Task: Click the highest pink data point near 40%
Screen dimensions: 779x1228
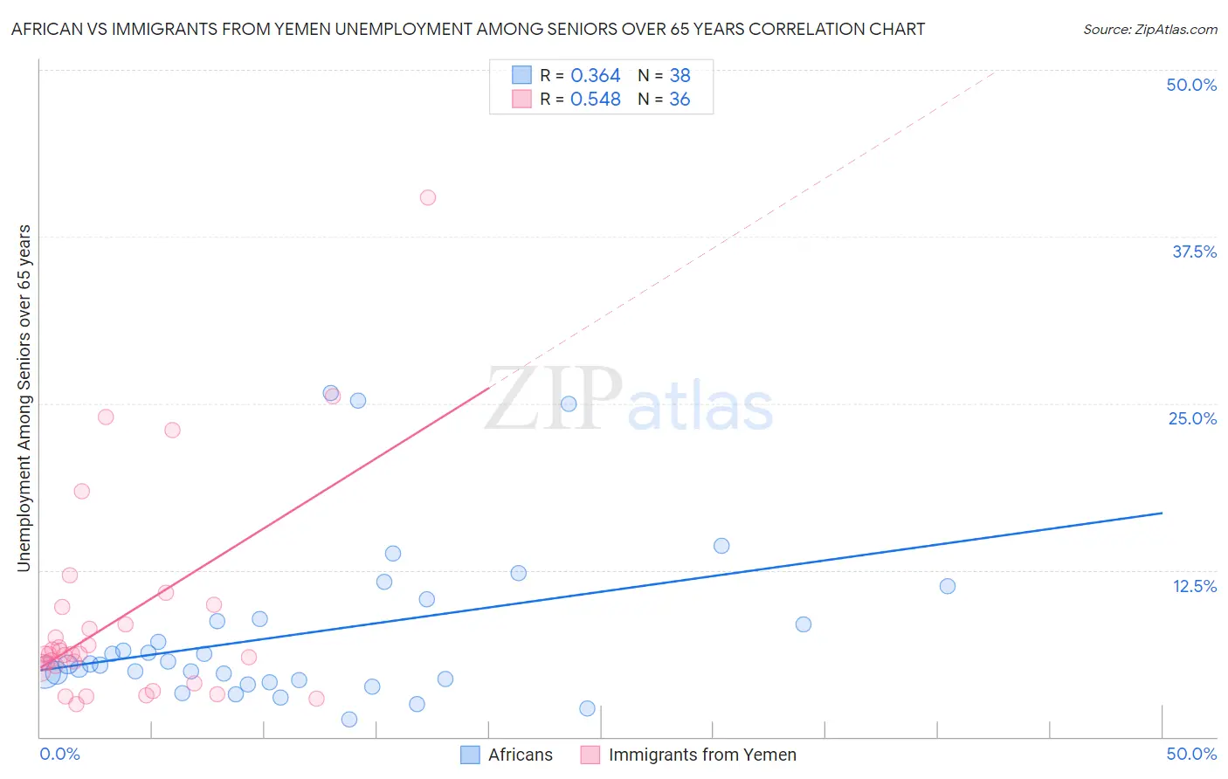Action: click(427, 197)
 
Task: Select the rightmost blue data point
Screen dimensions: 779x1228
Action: click(947, 586)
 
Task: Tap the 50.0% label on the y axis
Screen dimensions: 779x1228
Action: click(1191, 85)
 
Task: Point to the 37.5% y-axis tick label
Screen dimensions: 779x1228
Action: click(1194, 252)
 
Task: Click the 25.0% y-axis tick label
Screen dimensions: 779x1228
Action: click(1192, 418)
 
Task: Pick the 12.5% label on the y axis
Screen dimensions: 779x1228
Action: click(1194, 586)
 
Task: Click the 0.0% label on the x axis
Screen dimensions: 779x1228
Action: click(59, 754)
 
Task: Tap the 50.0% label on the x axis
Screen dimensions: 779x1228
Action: click(1191, 754)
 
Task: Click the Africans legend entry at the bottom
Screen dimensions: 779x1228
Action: click(520, 755)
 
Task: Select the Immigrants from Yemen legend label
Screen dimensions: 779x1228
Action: click(701, 755)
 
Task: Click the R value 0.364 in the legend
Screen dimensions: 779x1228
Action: click(595, 76)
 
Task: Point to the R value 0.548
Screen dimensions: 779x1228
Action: click(595, 100)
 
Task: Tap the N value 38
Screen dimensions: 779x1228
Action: click(680, 76)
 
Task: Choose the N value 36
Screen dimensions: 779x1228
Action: click(680, 100)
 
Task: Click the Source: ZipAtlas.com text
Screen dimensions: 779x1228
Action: click(1149, 30)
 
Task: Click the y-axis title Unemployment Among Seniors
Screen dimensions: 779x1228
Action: click(24, 398)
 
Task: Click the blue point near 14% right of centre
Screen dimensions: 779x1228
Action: click(721, 546)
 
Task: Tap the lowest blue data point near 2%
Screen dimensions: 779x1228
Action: click(348, 719)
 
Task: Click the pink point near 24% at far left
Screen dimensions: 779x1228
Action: click(106, 417)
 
